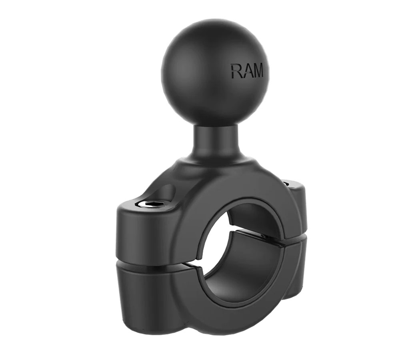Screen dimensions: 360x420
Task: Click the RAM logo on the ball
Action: click(x=247, y=71)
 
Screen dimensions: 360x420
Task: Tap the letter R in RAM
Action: click(x=236, y=71)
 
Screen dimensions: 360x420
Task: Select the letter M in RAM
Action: click(x=258, y=71)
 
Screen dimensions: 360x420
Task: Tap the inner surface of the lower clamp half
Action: click(x=236, y=276)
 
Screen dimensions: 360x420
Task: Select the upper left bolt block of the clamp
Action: click(x=144, y=232)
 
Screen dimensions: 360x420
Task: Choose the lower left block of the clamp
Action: click(x=144, y=292)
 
